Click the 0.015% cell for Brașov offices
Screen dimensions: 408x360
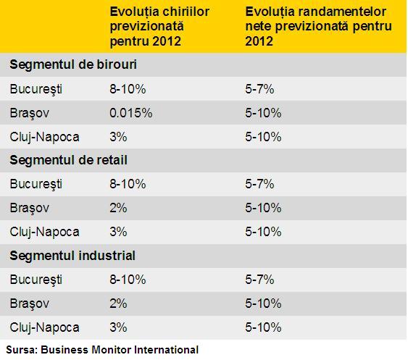pyautogui.click(x=131, y=113)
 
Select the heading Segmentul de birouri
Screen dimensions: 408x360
pyautogui.click(x=73, y=64)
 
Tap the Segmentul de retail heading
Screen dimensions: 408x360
pyautogui.click(x=68, y=160)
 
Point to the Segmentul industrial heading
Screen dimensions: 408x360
pyautogui.click(x=72, y=256)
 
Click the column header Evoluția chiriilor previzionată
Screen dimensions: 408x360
pyautogui.click(x=159, y=27)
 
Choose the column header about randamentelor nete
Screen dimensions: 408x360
pyautogui.click(x=318, y=27)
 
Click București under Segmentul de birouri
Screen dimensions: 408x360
pyautogui.click(x=36, y=89)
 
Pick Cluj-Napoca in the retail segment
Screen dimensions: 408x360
pyautogui.click(x=44, y=232)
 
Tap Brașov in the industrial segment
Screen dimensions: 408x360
pyautogui.click(x=30, y=304)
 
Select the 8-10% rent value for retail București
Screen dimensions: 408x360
pyautogui.click(x=128, y=184)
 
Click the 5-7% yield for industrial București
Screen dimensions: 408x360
pyautogui.click(x=259, y=280)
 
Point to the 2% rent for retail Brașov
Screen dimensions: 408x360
pyautogui.click(x=118, y=208)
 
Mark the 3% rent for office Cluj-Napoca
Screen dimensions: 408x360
pyautogui.click(x=118, y=137)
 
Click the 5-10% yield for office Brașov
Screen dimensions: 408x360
pyautogui.click(x=263, y=113)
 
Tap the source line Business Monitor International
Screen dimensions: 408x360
pyautogui.click(x=102, y=350)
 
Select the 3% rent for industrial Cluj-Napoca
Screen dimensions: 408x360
pyautogui.click(x=118, y=327)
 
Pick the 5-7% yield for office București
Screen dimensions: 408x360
pyautogui.click(x=259, y=89)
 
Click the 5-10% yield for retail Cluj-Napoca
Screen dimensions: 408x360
pyautogui.click(x=263, y=232)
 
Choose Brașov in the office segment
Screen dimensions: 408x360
pyautogui.click(x=30, y=113)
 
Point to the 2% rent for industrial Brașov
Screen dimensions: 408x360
pyautogui.click(x=118, y=304)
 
